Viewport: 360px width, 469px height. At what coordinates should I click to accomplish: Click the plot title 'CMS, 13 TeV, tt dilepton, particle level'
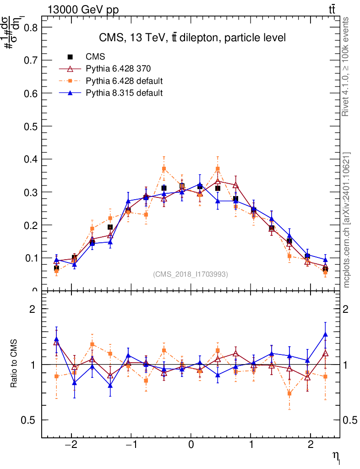point(192,38)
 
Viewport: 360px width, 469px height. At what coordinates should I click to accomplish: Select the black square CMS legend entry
point(70,57)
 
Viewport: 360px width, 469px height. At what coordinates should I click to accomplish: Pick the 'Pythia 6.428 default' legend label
point(124,81)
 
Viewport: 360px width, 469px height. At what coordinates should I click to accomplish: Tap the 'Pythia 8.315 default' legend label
point(124,93)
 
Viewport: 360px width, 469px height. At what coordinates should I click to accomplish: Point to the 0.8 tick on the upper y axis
point(30,27)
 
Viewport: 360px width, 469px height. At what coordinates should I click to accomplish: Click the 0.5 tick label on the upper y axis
point(30,126)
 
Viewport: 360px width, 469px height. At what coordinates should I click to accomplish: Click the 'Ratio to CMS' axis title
point(14,364)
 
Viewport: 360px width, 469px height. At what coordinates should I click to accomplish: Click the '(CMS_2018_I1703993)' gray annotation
point(191,274)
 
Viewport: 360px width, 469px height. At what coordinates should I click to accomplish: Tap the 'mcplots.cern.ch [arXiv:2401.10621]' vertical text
point(346,220)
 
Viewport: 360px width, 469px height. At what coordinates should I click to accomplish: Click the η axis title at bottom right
point(337,456)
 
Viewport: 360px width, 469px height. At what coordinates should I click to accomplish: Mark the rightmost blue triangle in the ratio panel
point(325,335)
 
